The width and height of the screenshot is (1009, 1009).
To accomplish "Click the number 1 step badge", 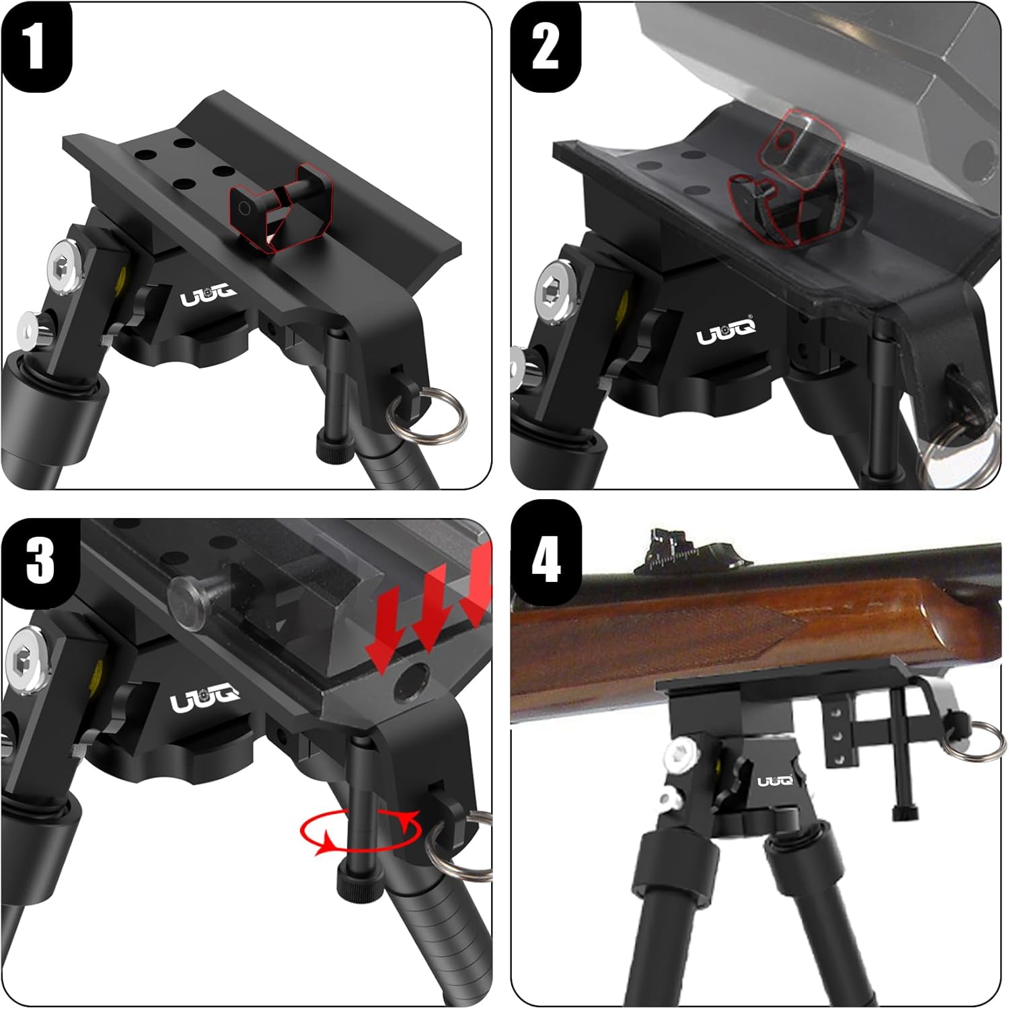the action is (36, 46).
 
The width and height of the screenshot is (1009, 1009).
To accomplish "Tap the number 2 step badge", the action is (546, 46).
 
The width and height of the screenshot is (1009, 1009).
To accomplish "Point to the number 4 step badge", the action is (546, 552).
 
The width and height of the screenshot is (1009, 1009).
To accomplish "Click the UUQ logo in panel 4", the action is (776, 780).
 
